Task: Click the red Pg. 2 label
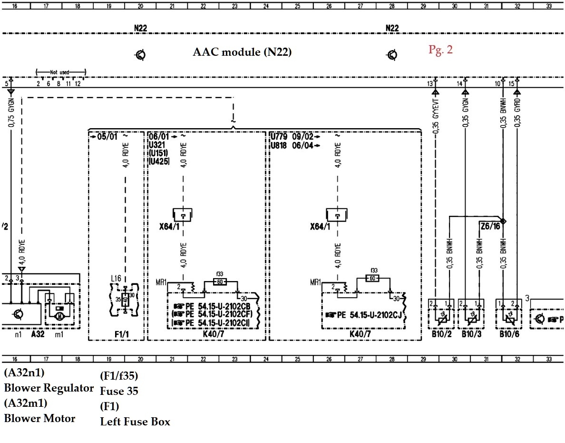pos(440,50)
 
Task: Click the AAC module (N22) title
pos(242,52)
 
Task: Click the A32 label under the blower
pos(38,334)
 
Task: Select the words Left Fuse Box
pos(135,422)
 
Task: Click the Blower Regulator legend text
pos(49,388)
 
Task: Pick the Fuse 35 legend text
pos(119,392)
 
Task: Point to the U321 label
pos(157,145)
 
